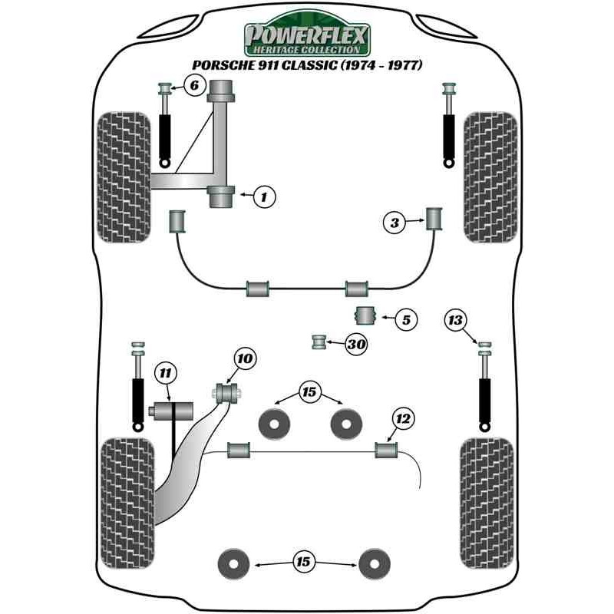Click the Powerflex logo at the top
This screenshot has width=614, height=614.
coord(307,37)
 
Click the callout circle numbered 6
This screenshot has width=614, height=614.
coord(194,86)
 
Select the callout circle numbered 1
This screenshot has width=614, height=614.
coord(263,197)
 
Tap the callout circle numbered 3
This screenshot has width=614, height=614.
coord(394,223)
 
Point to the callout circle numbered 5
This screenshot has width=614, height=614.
coord(405,319)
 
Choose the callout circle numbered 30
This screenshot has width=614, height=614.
coord(355,345)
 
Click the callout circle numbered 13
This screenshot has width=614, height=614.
coord(457,319)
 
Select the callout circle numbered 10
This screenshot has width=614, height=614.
coord(244,358)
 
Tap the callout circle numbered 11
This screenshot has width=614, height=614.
coord(164,373)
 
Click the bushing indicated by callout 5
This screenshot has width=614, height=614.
coord(365,315)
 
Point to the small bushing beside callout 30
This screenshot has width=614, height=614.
coord(319,341)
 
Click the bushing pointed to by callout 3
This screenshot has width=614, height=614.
coord(436,218)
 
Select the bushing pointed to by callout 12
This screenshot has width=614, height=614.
coord(385,448)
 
